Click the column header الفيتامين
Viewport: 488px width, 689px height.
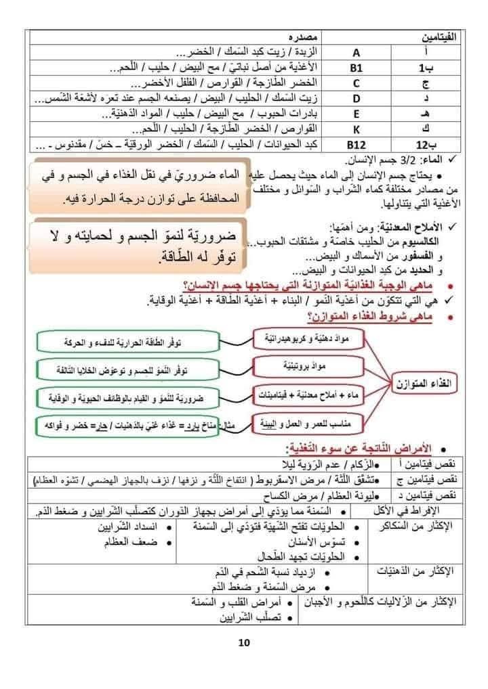coord(441,35)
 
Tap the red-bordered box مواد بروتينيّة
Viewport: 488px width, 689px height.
coord(291,365)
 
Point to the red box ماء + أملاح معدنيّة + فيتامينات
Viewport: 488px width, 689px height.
coord(291,393)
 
